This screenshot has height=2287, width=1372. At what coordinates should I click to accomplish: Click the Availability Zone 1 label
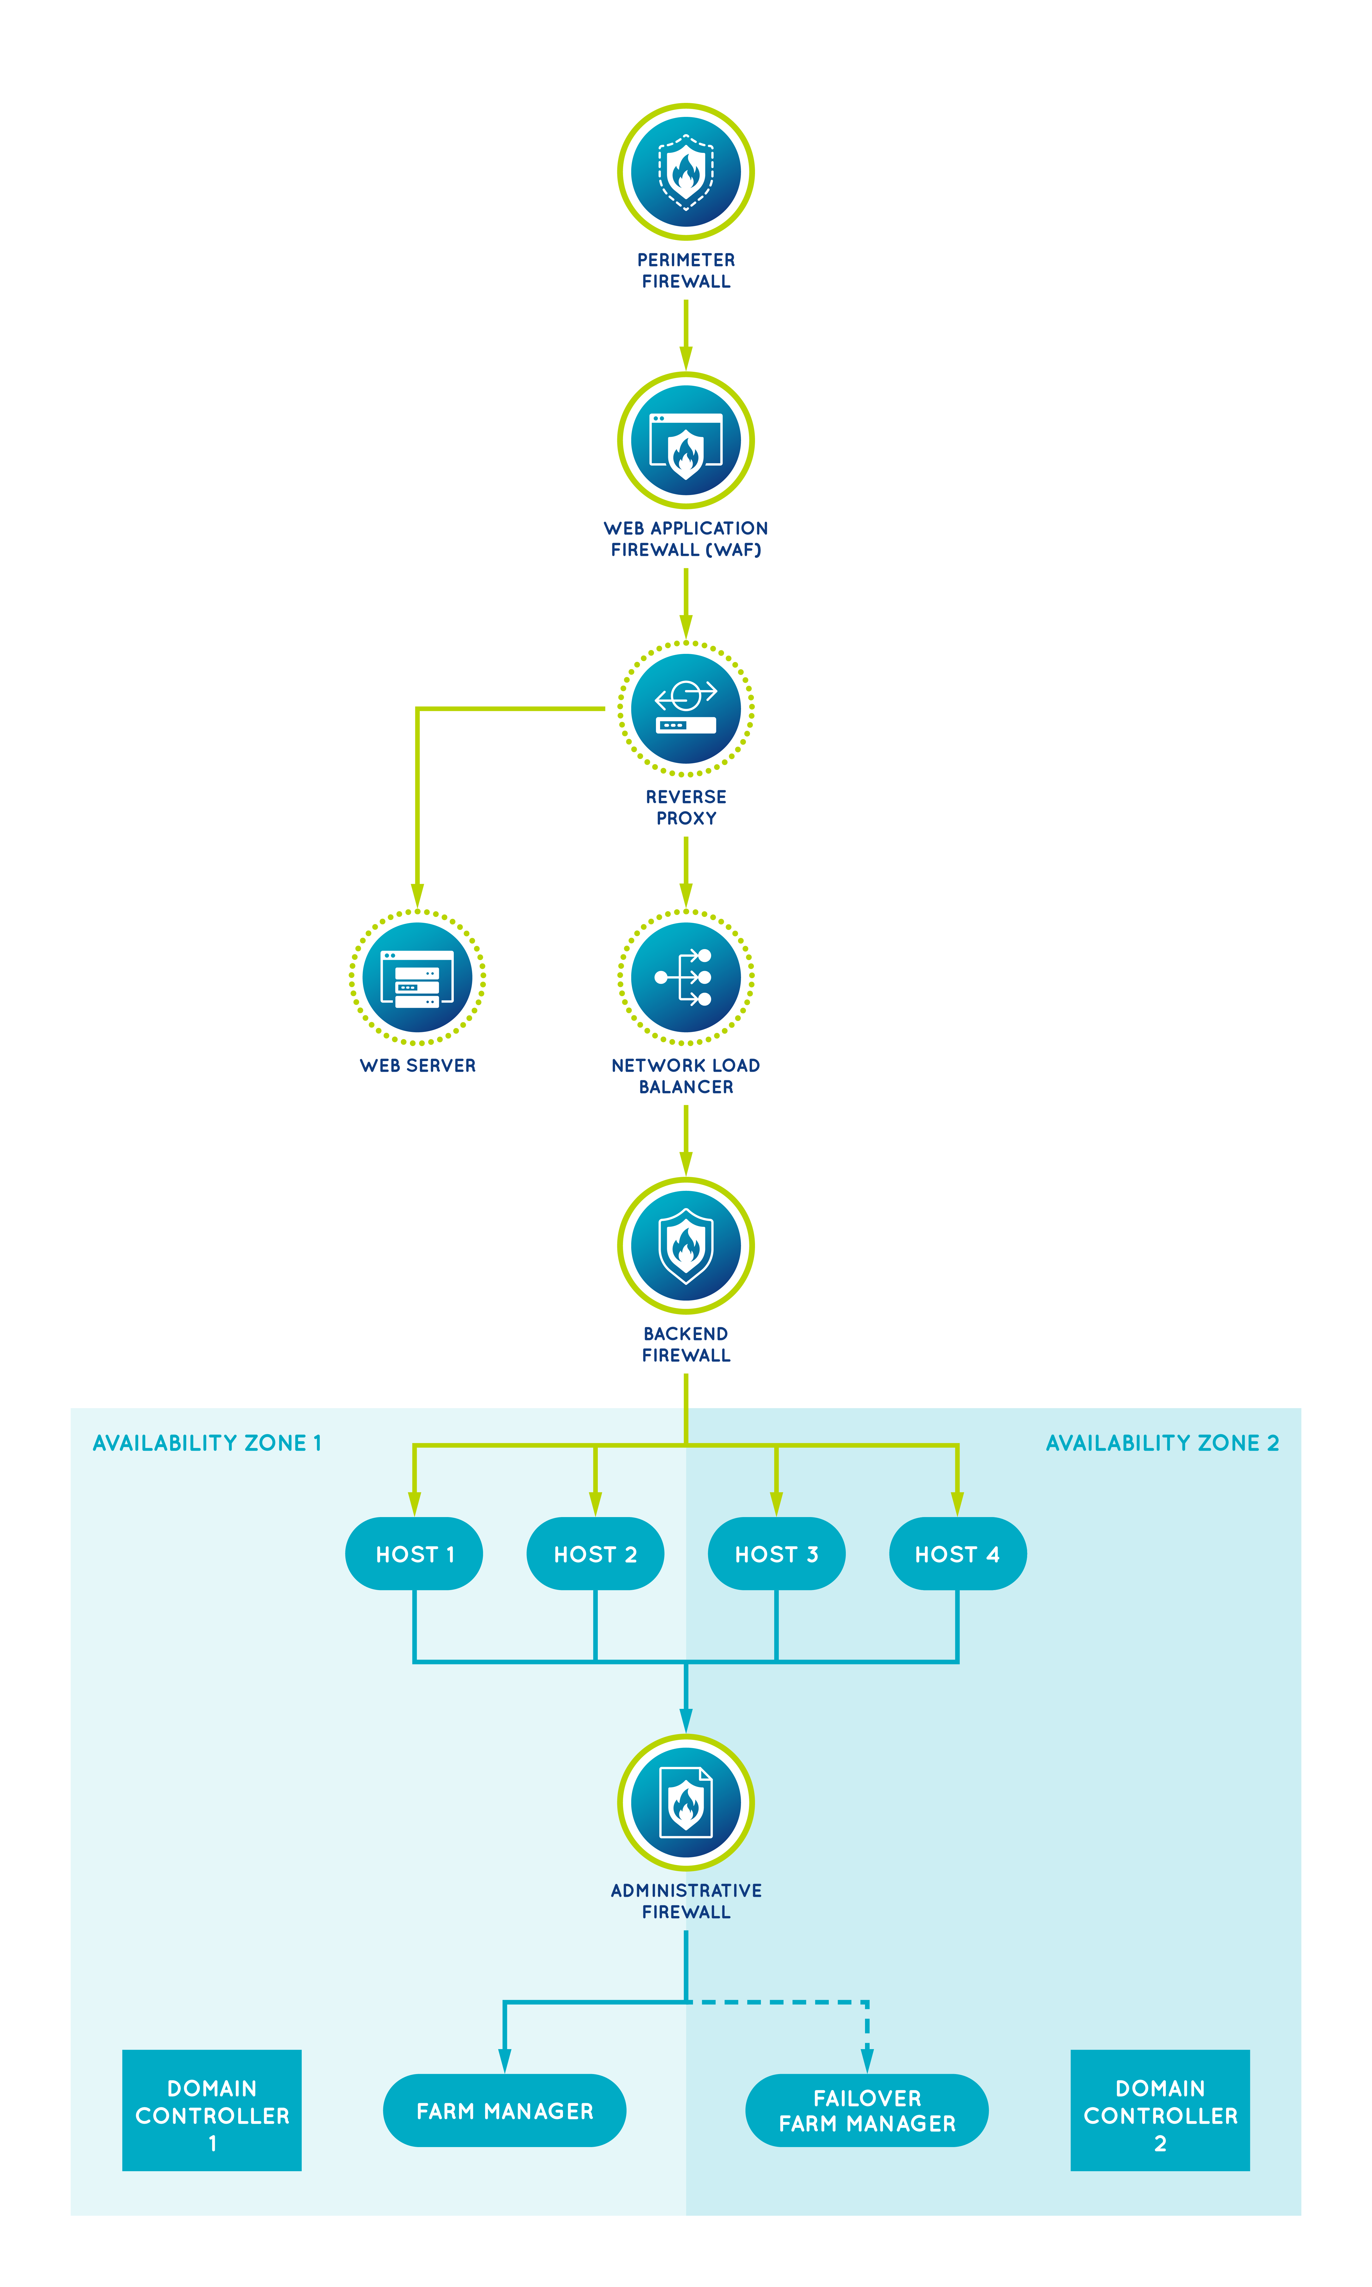tap(207, 1443)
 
